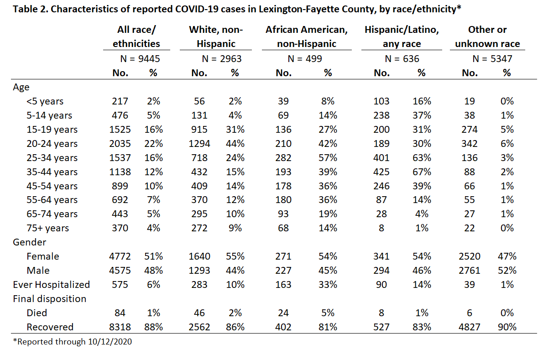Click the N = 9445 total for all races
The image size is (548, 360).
pos(140,59)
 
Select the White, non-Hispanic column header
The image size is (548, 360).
pos(216,37)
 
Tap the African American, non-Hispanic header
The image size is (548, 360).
pos(307,37)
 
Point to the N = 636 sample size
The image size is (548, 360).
pos(402,59)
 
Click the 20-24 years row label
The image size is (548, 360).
pos(52,144)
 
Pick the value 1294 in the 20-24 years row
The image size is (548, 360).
pos(199,144)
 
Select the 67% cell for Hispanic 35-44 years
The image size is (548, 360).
pos(422,172)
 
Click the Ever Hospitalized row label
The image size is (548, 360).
pos(52,285)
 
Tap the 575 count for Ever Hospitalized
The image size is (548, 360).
pos(120,285)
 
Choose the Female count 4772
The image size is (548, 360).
pos(120,256)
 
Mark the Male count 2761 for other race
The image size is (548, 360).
pos(470,271)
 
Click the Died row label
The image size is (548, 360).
pos(37,313)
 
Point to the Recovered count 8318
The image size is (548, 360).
pos(120,327)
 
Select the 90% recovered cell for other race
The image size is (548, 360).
pos(507,327)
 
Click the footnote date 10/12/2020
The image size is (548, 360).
pos(110,342)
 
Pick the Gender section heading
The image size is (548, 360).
pos(29,242)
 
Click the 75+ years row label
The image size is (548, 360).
pos(48,228)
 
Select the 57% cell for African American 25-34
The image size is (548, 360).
pos(328,158)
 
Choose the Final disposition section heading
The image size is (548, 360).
pos(50,299)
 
